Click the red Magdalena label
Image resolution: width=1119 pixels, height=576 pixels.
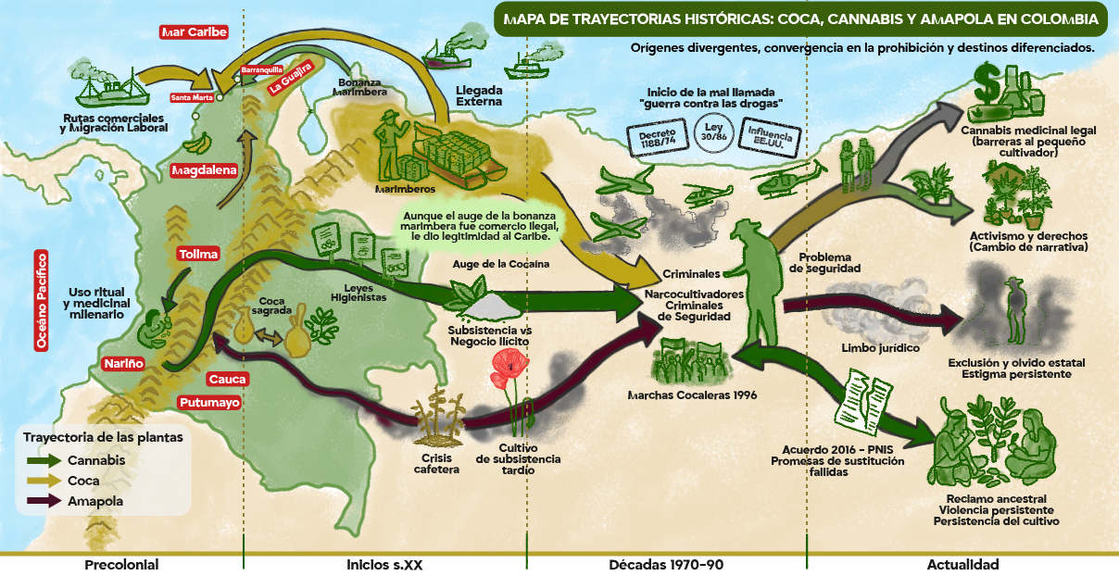[204, 170]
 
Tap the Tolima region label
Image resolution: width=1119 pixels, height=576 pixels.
[198, 254]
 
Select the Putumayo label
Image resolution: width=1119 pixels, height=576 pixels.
[209, 403]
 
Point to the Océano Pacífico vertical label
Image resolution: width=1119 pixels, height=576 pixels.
[42, 301]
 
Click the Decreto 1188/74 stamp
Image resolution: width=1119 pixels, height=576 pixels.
[658, 137]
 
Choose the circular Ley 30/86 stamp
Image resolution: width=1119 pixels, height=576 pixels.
[714, 132]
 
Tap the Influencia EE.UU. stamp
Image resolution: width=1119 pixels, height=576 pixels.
[770, 137]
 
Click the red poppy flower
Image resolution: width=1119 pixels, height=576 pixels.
[509, 368]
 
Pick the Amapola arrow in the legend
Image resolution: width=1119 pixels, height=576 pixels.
[44, 501]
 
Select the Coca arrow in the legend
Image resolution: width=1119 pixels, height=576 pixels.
[44, 481]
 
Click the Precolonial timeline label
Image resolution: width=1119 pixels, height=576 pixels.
[121, 565]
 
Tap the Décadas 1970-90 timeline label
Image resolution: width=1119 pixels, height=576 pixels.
[666, 565]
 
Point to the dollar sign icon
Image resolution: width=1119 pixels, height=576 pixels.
[987, 83]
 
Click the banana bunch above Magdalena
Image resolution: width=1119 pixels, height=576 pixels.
[197, 144]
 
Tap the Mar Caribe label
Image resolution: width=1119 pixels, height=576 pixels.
[194, 32]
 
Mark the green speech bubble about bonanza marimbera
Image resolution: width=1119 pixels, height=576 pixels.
[480, 226]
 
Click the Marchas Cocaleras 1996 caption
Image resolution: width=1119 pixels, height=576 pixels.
[692, 395]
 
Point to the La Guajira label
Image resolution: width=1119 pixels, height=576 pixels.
[290, 79]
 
